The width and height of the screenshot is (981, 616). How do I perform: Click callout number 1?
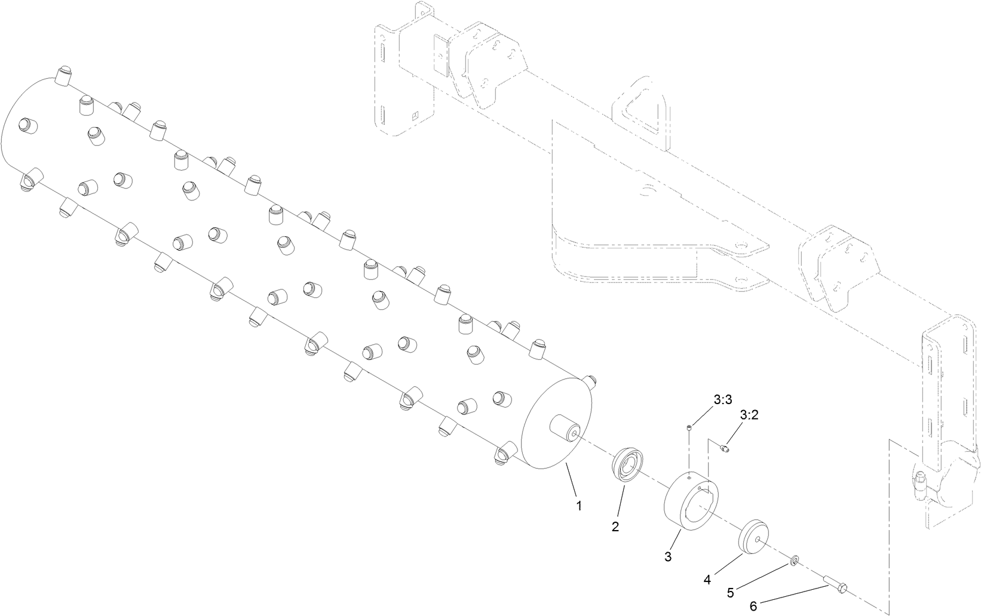click(578, 506)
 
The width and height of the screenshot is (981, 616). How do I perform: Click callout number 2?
click(615, 526)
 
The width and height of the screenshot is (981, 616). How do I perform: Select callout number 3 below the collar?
click(668, 557)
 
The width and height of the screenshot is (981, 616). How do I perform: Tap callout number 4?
click(707, 579)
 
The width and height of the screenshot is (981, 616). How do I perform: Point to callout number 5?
click(731, 593)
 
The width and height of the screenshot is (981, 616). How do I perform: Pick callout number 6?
click(753, 606)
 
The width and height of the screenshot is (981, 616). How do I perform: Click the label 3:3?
click(722, 400)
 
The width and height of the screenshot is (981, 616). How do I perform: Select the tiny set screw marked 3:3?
click(689, 427)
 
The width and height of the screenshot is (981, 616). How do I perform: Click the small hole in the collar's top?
click(689, 476)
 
